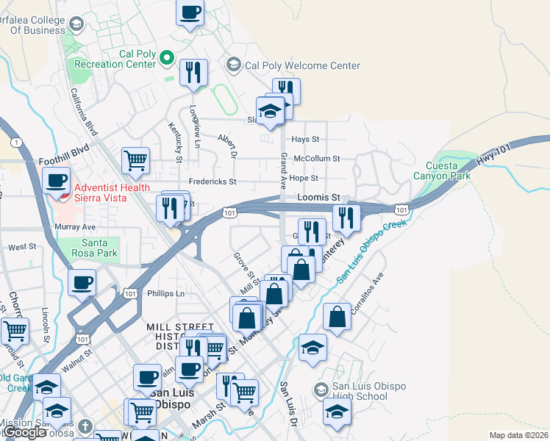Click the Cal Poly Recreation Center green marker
[x=168, y=57]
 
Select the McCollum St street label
[x=316, y=158]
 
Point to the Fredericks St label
[x=212, y=181]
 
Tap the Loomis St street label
[x=318, y=198]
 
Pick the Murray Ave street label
[x=75, y=227]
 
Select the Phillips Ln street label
[x=165, y=293]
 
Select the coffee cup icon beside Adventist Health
[x=57, y=179]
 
